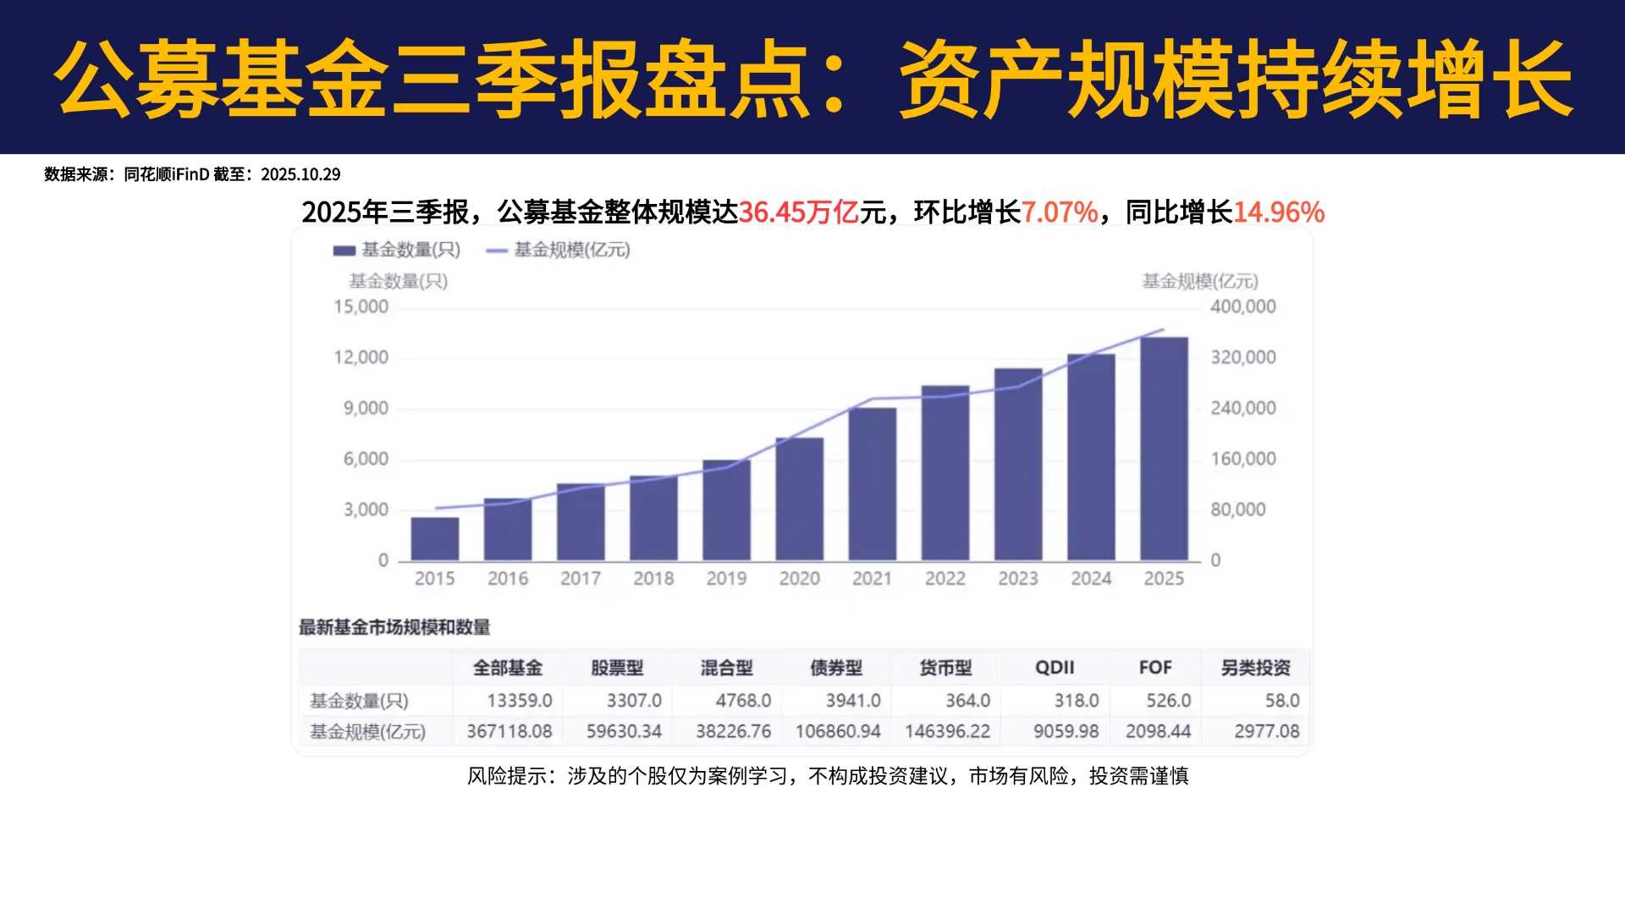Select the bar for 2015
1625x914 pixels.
(435, 539)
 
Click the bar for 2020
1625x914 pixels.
(800, 499)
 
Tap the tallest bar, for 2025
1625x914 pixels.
(1164, 449)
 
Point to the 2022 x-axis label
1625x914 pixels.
(945, 579)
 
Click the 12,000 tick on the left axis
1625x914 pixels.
(361, 357)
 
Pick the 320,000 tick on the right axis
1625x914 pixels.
(1243, 357)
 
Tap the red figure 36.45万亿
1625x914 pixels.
(799, 212)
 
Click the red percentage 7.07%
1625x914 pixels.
(1060, 212)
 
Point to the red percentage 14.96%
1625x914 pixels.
(1279, 212)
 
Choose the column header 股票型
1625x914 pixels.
(617, 668)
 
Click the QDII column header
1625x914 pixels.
(1055, 668)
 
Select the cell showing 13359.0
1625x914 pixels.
(519, 701)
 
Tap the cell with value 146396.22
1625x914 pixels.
(947, 731)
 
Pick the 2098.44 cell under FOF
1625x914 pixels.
(1158, 731)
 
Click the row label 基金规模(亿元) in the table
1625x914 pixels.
(367, 731)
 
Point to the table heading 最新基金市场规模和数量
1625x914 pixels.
(394, 627)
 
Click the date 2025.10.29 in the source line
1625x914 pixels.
(300, 174)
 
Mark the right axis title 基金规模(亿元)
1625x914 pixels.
(1200, 281)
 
